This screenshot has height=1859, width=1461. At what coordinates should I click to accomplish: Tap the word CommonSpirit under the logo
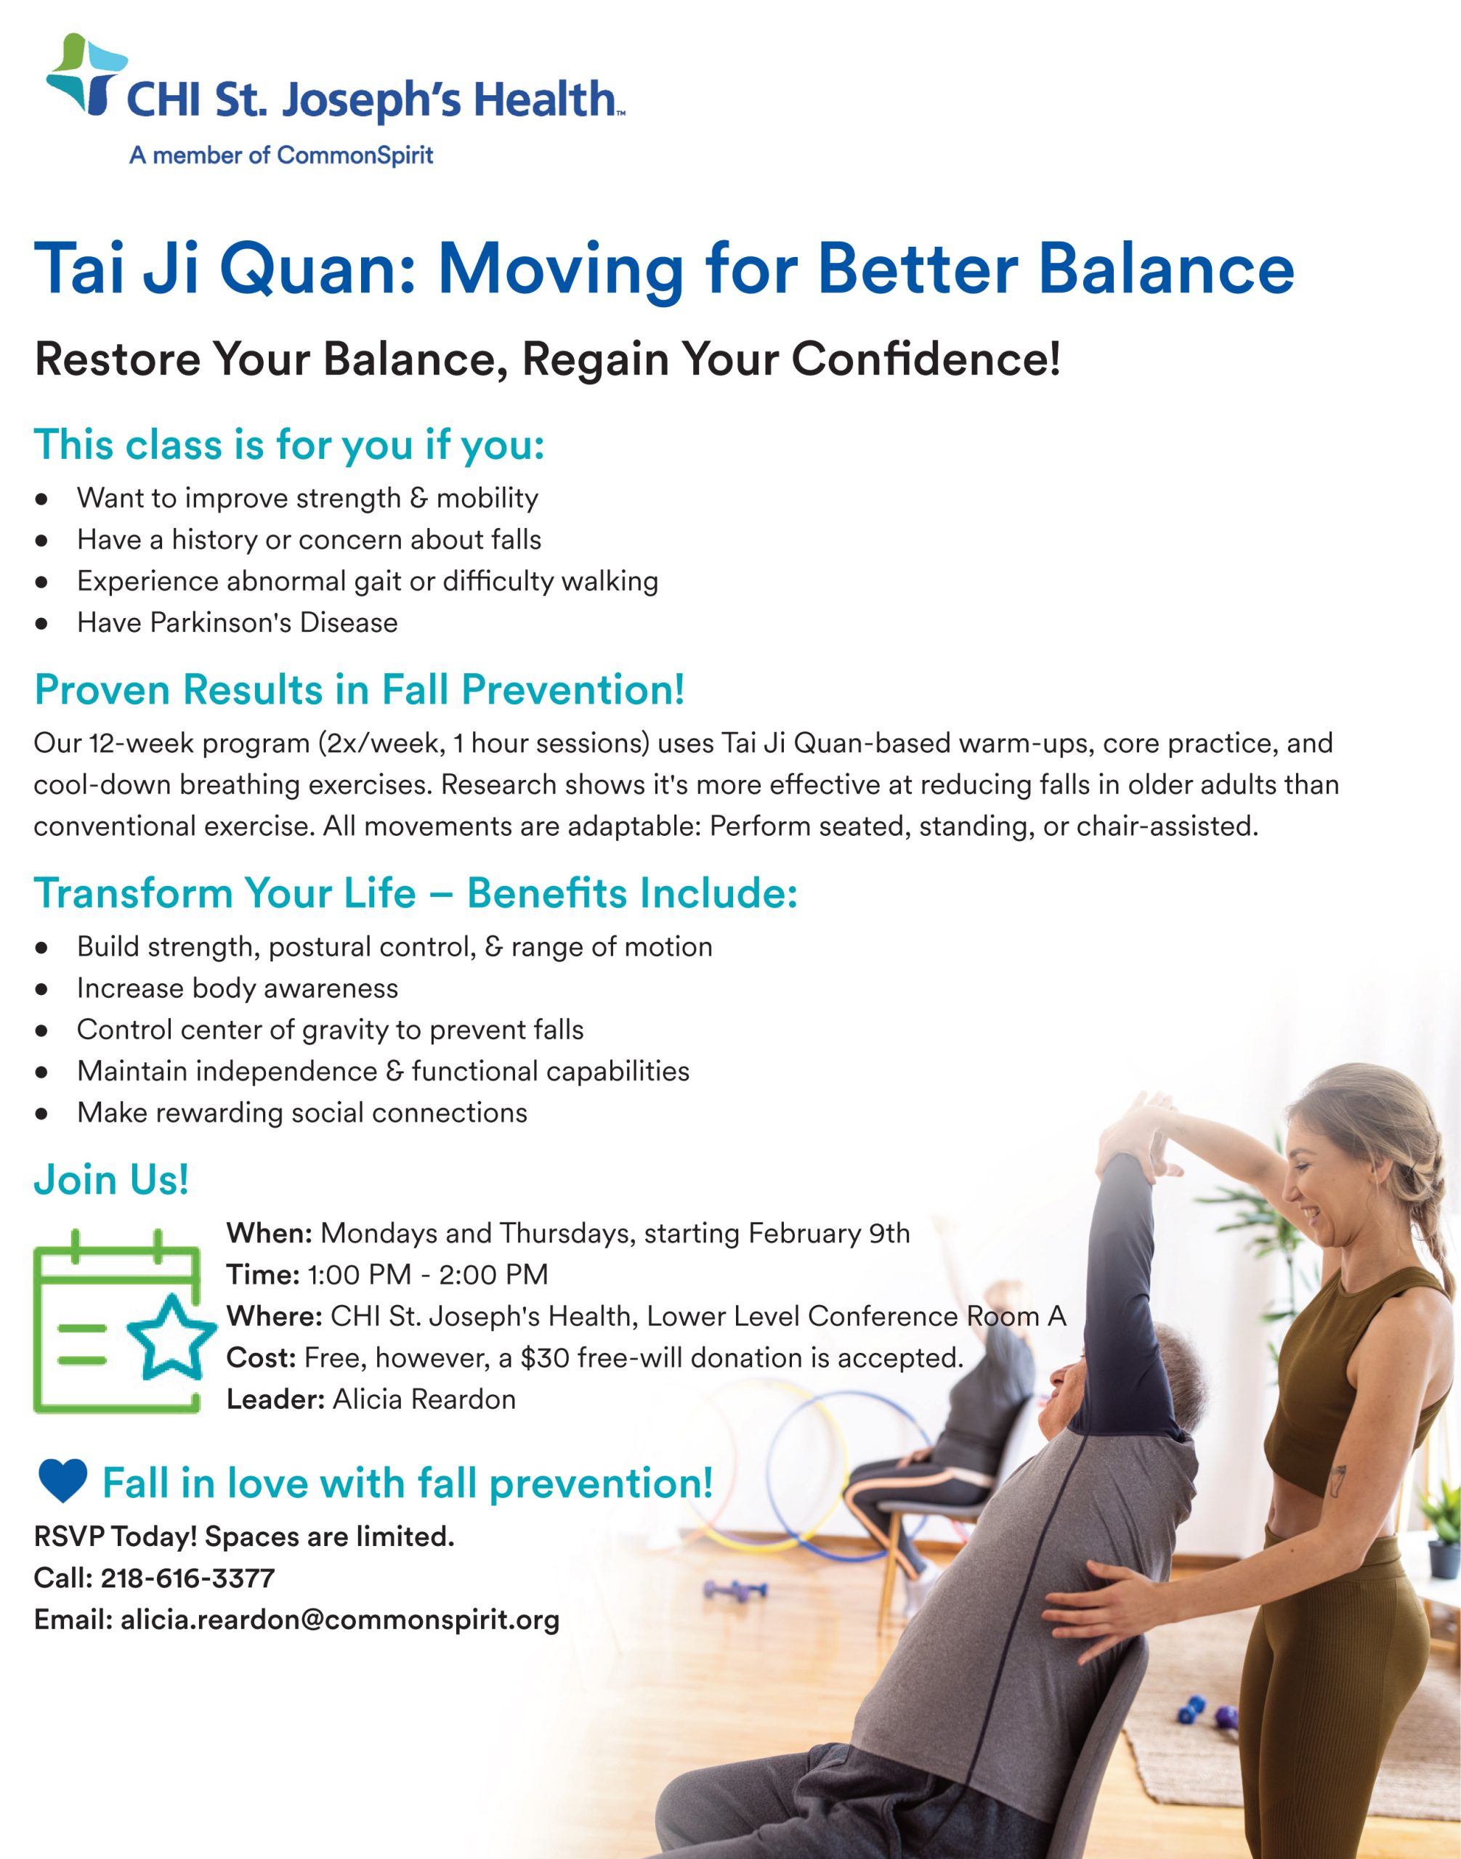[355, 155]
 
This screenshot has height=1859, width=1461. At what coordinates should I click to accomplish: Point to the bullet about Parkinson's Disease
[237, 622]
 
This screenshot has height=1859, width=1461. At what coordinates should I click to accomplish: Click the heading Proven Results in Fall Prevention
[360, 690]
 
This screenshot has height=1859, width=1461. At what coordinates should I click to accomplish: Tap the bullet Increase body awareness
[237, 988]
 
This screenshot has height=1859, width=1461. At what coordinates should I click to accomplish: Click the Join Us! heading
[111, 1180]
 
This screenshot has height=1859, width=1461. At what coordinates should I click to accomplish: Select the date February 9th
[829, 1233]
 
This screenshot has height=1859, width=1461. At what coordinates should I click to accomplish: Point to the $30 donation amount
[545, 1358]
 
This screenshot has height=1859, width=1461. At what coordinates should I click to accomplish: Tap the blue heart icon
[62, 1482]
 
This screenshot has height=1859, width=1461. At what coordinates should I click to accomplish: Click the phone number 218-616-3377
[188, 1578]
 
